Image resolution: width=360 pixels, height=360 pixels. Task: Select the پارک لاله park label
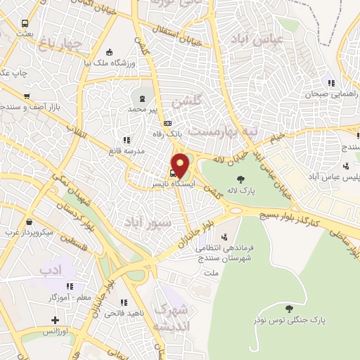tap(241, 190)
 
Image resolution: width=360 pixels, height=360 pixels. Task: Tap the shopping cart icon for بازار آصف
tap(27, 96)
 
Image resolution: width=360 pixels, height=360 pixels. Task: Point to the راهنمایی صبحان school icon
tap(330, 83)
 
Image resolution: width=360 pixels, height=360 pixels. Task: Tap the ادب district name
tap(51, 269)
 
